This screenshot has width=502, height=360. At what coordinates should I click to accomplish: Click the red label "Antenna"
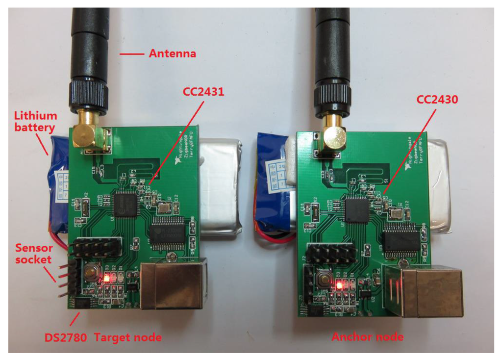click(172, 53)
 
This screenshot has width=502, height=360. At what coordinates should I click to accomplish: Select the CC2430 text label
click(437, 100)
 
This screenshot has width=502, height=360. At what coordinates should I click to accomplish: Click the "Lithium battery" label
click(35, 122)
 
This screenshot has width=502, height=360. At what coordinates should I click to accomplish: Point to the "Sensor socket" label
click(33, 253)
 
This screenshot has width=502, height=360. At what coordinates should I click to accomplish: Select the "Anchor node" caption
click(367, 337)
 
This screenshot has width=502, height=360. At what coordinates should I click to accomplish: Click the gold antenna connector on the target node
click(89, 135)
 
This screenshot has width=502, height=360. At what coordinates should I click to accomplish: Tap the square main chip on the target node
click(125, 204)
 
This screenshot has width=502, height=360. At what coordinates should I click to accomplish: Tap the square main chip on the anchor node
click(356, 209)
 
